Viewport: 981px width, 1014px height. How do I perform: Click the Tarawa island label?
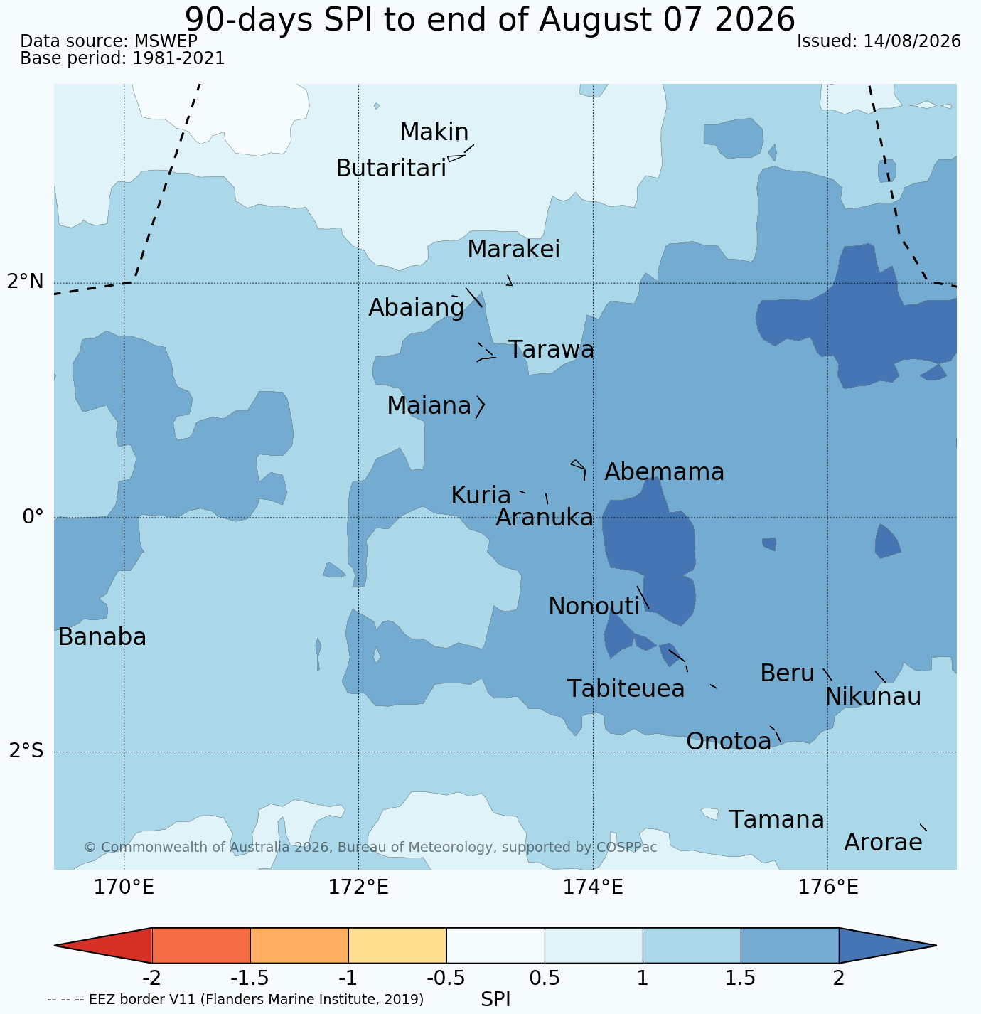(x=551, y=350)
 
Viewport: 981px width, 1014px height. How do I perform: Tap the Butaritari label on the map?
(x=391, y=169)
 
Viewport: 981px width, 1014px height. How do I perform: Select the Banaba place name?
(x=102, y=636)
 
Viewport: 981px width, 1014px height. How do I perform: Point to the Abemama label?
(x=664, y=472)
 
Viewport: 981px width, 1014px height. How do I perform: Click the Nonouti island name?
(x=594, y=606)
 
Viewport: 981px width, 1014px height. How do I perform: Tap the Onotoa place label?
(x=729, y=741)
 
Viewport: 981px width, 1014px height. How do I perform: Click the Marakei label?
(x=514, y=249)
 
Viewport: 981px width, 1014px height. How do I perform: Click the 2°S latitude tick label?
(x=26, y=750)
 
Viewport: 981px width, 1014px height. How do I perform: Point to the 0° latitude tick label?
(x=33, y=516)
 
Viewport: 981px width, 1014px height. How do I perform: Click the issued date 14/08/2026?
(x=912, y=41)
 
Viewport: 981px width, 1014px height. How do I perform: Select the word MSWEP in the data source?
(x=166, y=41)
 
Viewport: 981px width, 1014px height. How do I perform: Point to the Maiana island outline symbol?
(x=481, y=407)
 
